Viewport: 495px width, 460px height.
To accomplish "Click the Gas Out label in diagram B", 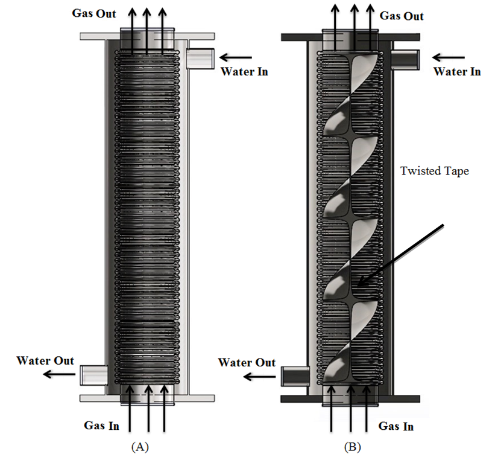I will (x=402, y=16).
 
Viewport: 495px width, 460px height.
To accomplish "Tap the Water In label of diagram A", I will (x=244, y=72).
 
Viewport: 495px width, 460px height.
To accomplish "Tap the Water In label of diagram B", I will (x=456, y=72).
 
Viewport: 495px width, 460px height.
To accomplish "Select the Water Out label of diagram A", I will (x=45, y=360).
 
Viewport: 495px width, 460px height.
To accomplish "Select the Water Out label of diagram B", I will (x=247, y=363).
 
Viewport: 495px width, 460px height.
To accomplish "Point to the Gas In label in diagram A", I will (x=101, y=425).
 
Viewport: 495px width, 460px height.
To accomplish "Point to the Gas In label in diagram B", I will (x=396, y=426).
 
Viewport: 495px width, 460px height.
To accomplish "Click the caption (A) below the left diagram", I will (x=139, y=447).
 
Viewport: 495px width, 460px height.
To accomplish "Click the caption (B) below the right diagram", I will (x=350, y=447).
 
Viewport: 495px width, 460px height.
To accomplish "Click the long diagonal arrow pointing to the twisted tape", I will (x=401, y=254).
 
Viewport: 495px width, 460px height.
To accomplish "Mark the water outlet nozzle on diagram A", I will (x=93, y=374).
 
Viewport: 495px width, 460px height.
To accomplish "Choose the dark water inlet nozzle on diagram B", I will (x=406, y=59).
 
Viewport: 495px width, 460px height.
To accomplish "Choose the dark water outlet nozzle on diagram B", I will (x=295, y=375).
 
